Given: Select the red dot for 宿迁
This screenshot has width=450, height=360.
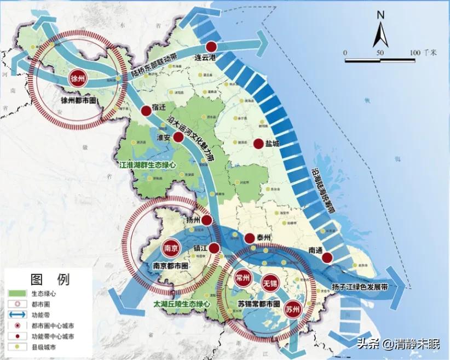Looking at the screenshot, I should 146,111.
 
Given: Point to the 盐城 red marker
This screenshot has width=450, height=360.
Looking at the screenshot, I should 258,144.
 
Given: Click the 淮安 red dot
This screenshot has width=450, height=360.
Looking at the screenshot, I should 178,137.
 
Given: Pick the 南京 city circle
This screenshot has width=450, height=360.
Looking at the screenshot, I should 170,248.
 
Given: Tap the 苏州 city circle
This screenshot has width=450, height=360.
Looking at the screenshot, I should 292,310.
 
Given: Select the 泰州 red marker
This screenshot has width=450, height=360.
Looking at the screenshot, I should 249,238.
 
